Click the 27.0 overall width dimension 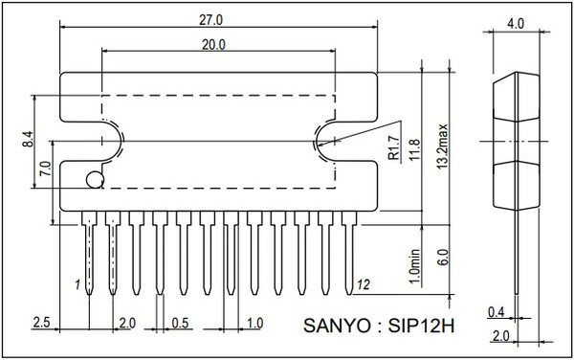pyautogui.click(x=210, y=20)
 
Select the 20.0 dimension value pyautogui.click(x=213, y=45)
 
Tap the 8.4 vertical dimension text pyautogui.click(x=28, y=139)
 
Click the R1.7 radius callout pyautogui.click(x=394, y=147)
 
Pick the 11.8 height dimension pyautogui.click(x=415, y=150)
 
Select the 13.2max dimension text pyautogui.click(x=443, y=146)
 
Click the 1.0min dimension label pyautogui.click(x=414, y=266)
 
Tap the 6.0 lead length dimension pyautogui.click(x=443, y=258)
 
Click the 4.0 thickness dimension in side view pyautogui.click(x=516, y=24)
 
